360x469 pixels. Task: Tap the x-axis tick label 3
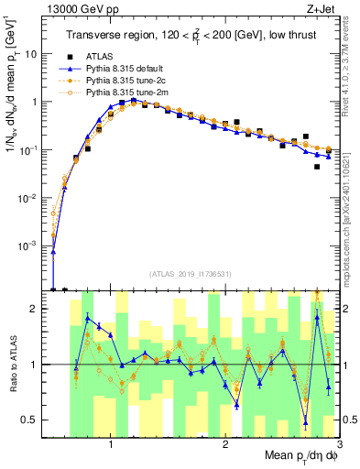(x=339, y=445)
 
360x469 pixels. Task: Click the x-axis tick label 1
(x=111, y=445)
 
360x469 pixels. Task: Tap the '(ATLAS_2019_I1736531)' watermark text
(x=191, y=273)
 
